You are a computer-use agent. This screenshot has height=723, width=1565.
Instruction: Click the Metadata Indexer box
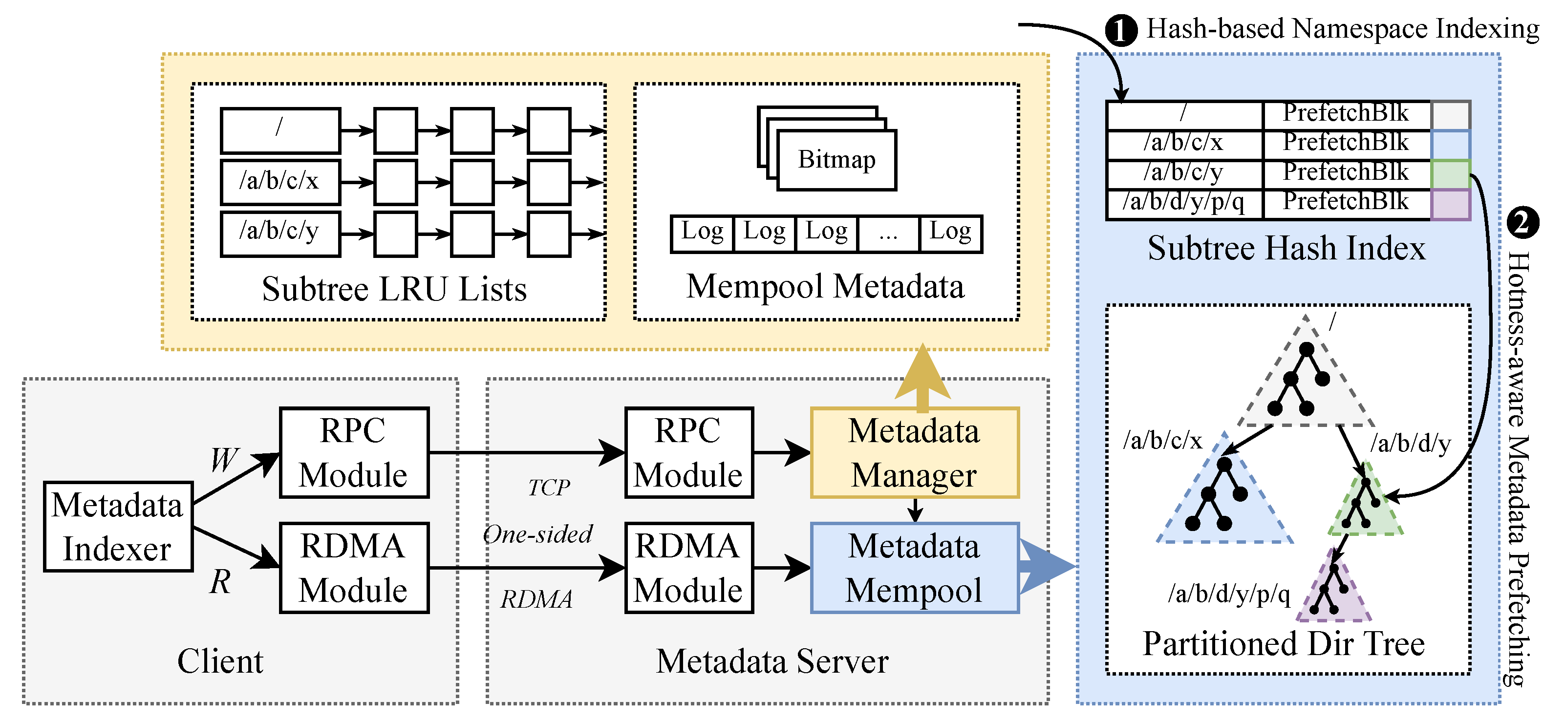[118, 527]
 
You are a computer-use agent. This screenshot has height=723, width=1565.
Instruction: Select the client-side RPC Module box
[354, 453]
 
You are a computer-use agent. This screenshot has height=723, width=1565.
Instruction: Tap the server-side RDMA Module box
[688, 568]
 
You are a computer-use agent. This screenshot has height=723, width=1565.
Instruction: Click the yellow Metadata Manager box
[914, 453]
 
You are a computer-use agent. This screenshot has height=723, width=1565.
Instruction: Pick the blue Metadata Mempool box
[914, 568]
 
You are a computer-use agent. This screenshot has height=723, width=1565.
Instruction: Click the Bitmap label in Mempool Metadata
[836, 160]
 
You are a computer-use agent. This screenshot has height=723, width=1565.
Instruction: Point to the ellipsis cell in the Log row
[888, 234]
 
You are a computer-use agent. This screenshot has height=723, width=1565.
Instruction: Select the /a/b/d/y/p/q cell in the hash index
[1183, 202]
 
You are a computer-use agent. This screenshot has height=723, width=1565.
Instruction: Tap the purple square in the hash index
[1450, 204]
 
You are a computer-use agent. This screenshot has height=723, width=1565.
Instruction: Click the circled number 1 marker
[1121, 30]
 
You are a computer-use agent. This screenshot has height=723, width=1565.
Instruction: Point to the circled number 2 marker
[1523, 223]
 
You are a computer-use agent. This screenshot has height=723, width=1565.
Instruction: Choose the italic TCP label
[549, 487]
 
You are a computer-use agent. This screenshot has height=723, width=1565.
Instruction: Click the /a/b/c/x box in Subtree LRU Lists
[280, 182]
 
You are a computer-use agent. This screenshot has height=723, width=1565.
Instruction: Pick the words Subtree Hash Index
[1286, 249]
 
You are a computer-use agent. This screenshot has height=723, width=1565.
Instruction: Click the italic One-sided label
[537, 534]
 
